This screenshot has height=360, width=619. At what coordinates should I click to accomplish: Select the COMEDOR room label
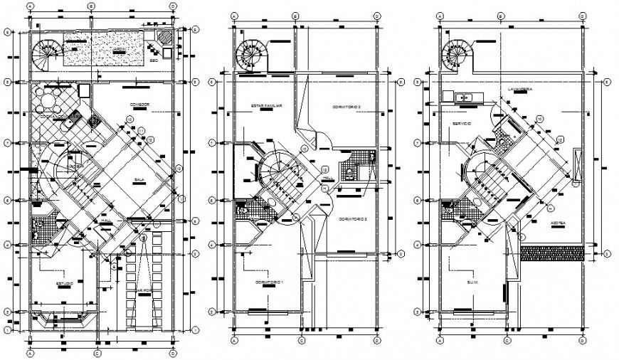[139, 105]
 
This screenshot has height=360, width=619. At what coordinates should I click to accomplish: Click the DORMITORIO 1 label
[270, 283]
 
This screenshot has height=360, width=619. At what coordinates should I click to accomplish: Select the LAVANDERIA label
[520, 90]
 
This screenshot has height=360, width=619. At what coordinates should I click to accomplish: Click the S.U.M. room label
[474, 282]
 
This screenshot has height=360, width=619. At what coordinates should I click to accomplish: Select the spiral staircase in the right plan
[456, 55]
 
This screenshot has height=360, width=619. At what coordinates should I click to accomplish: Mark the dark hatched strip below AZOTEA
[551, 251]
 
